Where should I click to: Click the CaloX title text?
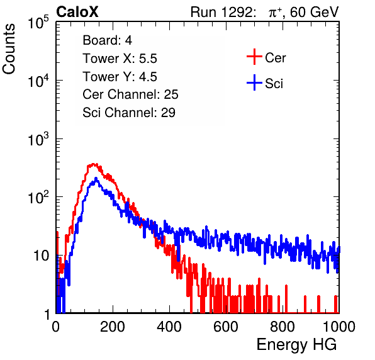pyautogui.click(x=77, y=12)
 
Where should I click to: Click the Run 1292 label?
pyautogui.click(x=221, y=12)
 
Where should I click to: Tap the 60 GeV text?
pyautogui.click(x=314, y=12)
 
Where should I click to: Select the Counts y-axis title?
pyautogui.click(x=9, y=49)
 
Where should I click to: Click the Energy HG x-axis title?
pyautogui.click(x=296, y=344)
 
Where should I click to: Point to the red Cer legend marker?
pyautogui.click(x=254, y=57)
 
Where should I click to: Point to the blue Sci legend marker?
pyautogui.click(x=254, y=83)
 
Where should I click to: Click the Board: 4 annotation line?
pyautogui.click(x=107, y=40)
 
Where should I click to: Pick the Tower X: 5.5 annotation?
pyautogui.click(x=120, y=59)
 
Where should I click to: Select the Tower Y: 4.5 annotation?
pyautogui.click(x=120, y=77)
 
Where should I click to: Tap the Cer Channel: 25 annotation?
pyautogui.click(x=130, y=94)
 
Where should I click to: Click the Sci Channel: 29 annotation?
pyautogui.click(x=129, y=113)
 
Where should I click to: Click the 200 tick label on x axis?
pyautogui.click(x=113, y=327)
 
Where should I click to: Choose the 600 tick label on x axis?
pyautogui.click(x=226, y=327)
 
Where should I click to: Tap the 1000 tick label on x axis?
pyautogui.click(x=339, y=327)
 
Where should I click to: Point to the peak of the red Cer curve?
pyautogui.click(x=94, y=164)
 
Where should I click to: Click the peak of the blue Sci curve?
pyautogui.click(x=96, y=178)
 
